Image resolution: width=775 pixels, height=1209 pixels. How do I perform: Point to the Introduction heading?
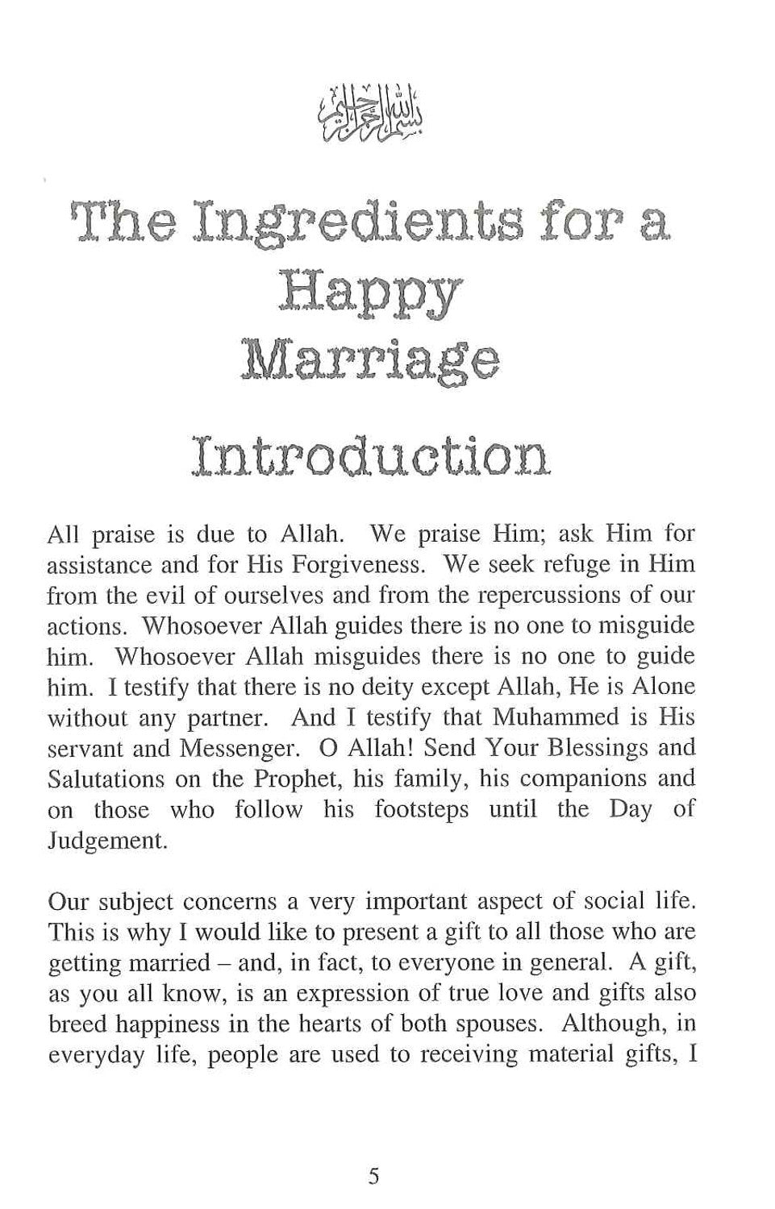(x=370, y=458)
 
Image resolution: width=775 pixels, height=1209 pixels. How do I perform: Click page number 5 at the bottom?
(x=373, y=1177)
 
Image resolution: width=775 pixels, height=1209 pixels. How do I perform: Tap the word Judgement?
(x=107, y=841)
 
